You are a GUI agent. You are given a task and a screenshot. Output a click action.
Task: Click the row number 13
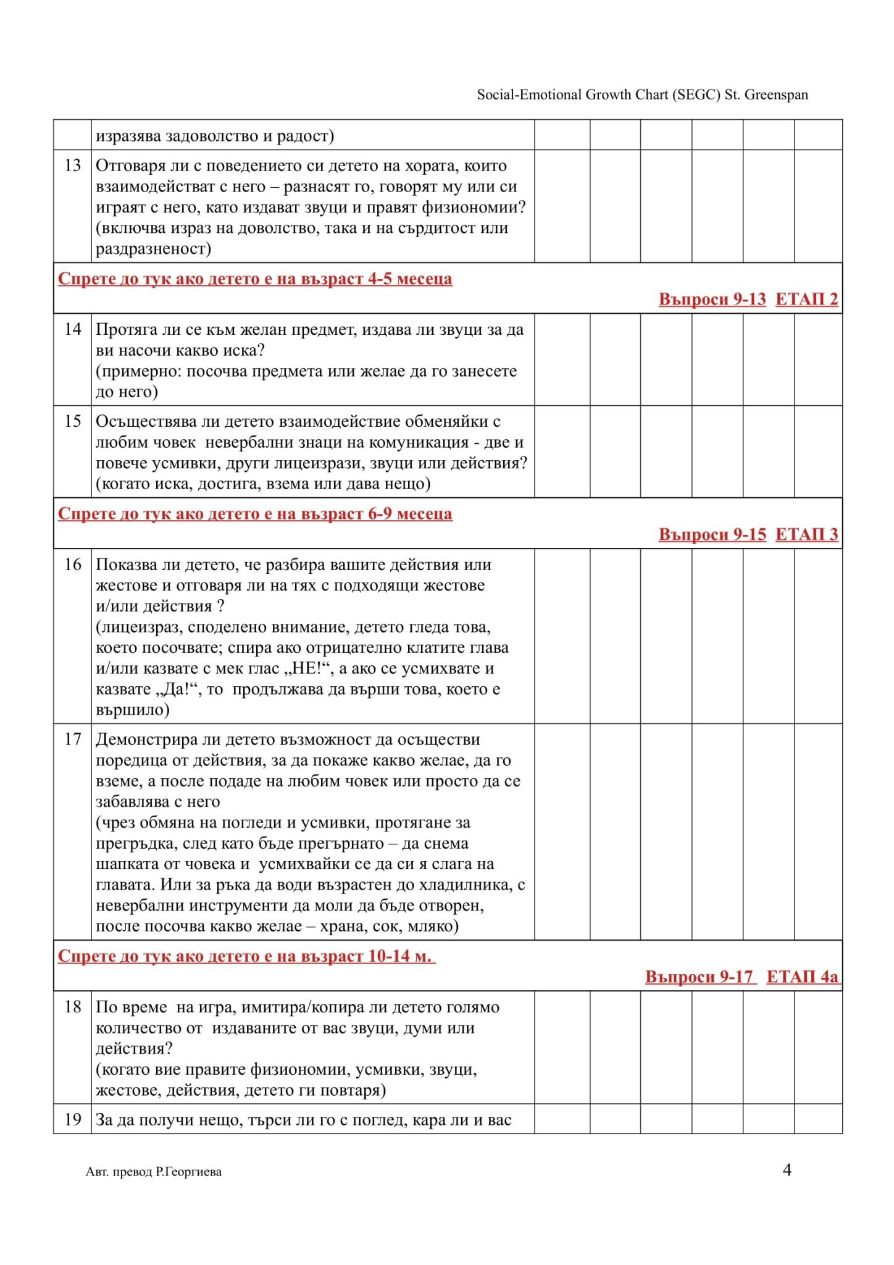(x=73, y=166)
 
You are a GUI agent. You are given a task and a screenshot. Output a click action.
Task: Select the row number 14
(x=73, y=329)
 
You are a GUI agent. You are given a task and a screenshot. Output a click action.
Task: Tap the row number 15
(x=73, y=421)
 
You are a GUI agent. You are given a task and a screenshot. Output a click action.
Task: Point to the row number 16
(x=73, y=565)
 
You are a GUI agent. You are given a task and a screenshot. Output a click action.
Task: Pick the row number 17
(x=73, y=739)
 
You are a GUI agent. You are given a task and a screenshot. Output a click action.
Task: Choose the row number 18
(x=73, y=1007)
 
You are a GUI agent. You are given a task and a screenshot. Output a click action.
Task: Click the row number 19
(x=73, y=1120)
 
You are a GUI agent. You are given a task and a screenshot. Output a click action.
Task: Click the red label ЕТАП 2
(x=806, y=300)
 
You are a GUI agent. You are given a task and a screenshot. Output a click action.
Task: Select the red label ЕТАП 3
(x=806, y=535)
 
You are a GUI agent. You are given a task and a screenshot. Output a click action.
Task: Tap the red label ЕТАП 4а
(x=802, y=977)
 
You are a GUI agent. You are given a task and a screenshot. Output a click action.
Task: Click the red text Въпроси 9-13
(x=712, y=300)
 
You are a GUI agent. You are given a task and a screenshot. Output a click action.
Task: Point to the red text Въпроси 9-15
(x=712, y=535)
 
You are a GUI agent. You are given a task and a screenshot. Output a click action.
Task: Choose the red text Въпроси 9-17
(x=700, y=977)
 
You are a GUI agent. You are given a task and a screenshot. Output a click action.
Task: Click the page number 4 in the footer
(x=787, y=1170)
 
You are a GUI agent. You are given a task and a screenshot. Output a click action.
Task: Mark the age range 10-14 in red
(x=388, y=957)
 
